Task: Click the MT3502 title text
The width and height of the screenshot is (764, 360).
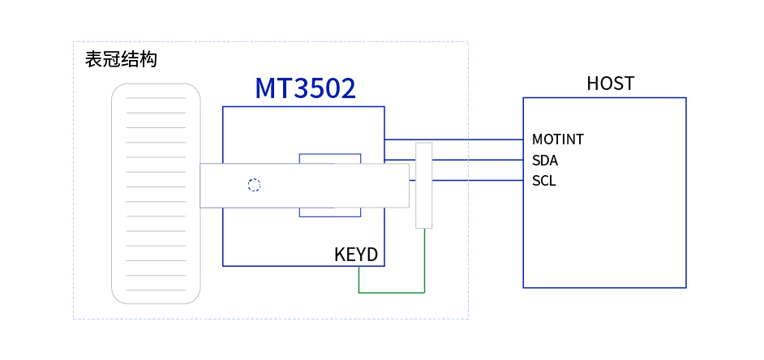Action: point(305,89)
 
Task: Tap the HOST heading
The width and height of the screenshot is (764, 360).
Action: point(610,84)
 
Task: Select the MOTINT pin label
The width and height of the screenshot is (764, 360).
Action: point(558,139)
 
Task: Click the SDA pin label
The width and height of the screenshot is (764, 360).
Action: point(545,161)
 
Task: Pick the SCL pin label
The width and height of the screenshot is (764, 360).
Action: point(544,181)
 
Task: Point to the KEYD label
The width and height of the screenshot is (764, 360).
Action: point(356,255)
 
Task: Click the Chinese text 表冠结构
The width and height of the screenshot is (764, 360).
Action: point(121,59)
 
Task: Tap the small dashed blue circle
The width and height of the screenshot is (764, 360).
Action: point(254,185)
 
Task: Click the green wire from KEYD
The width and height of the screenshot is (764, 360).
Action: point(391,292)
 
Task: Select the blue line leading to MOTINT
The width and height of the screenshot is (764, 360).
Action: point(454,139)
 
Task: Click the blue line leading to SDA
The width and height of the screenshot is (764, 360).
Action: point(479,161)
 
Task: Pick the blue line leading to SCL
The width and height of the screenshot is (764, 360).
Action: point(479,181)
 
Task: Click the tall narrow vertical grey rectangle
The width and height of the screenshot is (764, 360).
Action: point(423,186)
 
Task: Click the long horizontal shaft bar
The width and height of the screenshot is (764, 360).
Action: point(304,186)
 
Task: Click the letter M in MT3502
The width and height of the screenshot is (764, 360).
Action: point(266,89)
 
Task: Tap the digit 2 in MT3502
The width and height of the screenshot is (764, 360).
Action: point(346,89)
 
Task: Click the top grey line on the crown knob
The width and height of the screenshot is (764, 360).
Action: point(156,98)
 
